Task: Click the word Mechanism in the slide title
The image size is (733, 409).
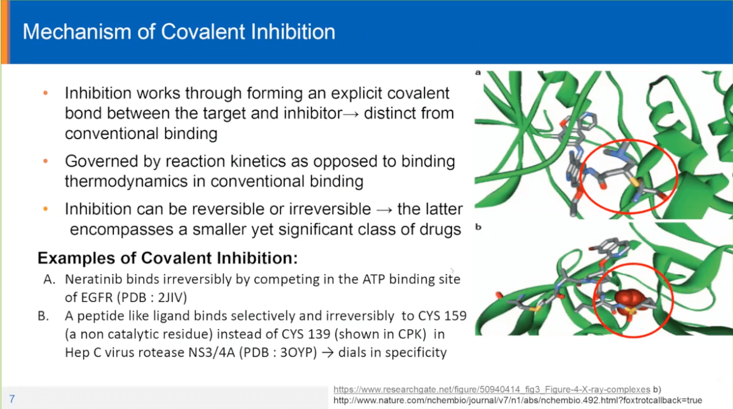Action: pyautogui.click(x=77, y=32)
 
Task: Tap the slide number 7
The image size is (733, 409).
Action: pyautogui.click(x=12, y=399)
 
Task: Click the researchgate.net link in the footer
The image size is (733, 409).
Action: pyautogui.click(x=492, y=389)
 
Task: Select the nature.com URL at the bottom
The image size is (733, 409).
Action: pyautogui.click(x=518, y=400)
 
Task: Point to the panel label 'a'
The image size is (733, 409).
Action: pyautogui.click(x=478, y=72)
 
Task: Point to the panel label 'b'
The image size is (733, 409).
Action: pyautogui.click(x=478, y=227)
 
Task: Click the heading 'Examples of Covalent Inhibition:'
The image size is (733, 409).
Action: pyautogui.click(x=168, y=258)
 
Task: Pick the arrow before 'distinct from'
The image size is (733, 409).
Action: pyautogui.click(x=351, y=114)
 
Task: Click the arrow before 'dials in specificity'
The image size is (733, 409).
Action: pyautogui.click(x=327, y=353)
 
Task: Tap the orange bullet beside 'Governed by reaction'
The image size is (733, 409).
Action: pyautogui.click(x=46, y=161)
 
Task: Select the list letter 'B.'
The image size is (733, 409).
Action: pyautogui.click(x=43, y=316)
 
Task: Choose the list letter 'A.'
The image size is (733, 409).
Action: pyautogui.click(x=50, y=279)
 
